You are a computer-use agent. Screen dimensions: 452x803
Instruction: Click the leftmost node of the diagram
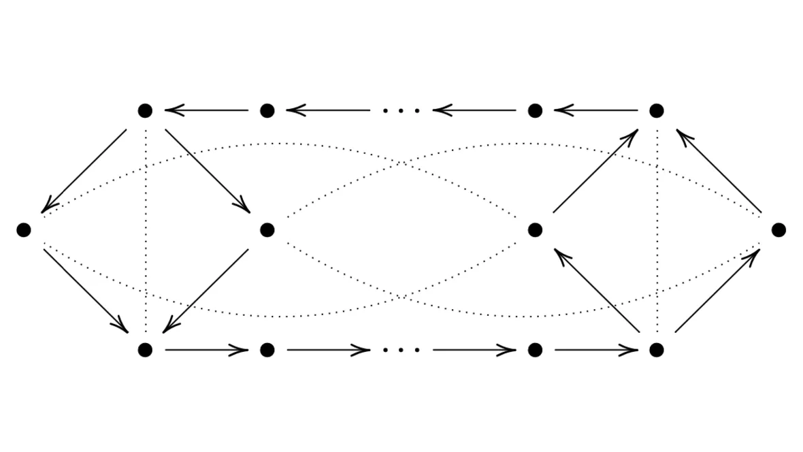pyautogui.click(x=24, y=230)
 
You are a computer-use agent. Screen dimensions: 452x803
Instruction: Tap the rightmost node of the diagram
pyautogui.click(x=779, y=230)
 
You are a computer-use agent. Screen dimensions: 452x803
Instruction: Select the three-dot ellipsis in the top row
pyautogui.click(x=401, y=110)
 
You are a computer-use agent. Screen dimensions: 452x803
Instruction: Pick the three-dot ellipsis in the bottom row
pyautogui.click(x=401, y=350)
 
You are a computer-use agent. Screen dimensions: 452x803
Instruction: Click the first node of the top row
pyautogui.click(x=145, y=110)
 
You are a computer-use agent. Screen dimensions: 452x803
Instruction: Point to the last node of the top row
pyautogui.click(x=656, y=110)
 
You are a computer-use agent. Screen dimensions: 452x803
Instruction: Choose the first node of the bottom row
pyautogui.click(x=145, y=350)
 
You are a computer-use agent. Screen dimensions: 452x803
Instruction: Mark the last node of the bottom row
pyautogui.click(x=656, y=350)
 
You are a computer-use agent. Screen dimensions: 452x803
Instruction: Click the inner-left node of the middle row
pyautogui.click(x=267, y=230)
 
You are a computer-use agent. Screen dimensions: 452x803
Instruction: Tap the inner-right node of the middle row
pyautogui.click(x=535, y=230)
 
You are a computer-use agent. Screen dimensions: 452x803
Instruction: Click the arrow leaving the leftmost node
pyautogui.click(x=85, y=291)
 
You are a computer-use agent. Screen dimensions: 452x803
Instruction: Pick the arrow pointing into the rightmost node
pyautogui.click(x=717, y=291)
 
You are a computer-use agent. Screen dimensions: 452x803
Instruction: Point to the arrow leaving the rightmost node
pyautogui.click(x=719, y=171)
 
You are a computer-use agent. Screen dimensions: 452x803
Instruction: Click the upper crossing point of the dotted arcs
pyautogui.click(x=403, y=163)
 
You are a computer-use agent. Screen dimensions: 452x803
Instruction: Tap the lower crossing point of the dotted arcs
pyautogui.click(x=403, y=297)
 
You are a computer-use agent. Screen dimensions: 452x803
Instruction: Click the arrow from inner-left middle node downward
pyautogui.click(x=206, y=291)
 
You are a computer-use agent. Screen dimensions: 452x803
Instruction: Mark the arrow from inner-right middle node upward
pyautogui.click(x=595, y=171)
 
